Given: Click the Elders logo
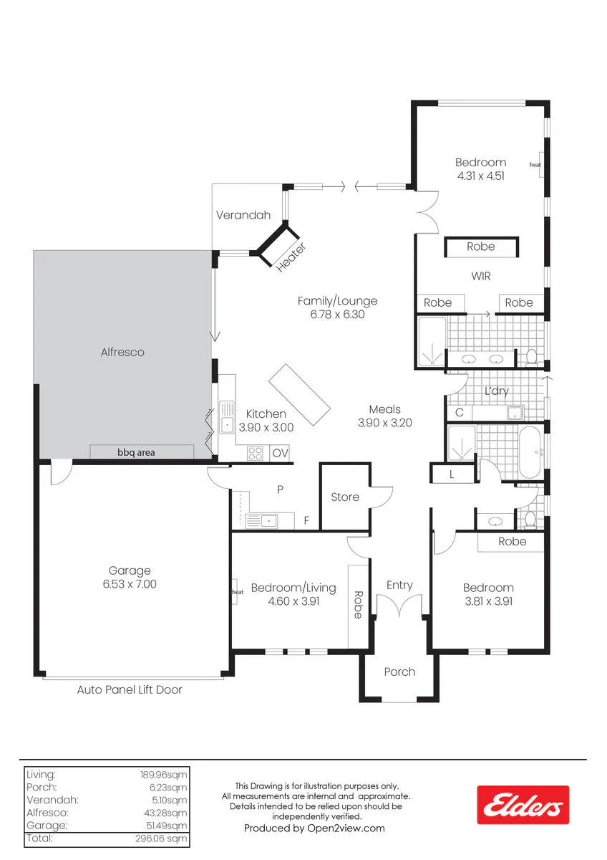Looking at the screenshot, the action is pyautogui.click(x=523, y=805).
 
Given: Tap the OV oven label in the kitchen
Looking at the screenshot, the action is pyautogui.click(x=280, y=453).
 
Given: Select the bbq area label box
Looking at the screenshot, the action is pyautogui.click(x=142, y=451).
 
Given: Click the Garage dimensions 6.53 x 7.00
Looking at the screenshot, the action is pyautogui.click(x=130, y=584).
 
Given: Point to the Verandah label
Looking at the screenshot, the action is pyautogui.click(x=243, y=215).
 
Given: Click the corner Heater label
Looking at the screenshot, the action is pyautogui.click(x=291, y=257).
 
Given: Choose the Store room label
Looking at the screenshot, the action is pyautogui.click(x=345, y=497).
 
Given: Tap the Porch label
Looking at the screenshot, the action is pyautogui.click(x=399, y=672).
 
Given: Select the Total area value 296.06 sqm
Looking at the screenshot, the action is pyautogui.click(x=161, y=838).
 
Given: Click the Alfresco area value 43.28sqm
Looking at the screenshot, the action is pyautogui.click(x=165, y=813).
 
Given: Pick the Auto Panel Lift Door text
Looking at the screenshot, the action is pyautogui.click(x=130, y=690).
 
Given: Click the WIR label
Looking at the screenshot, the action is pyautogui.click(x=481, y=276).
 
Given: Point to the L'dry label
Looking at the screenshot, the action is pyautogui.click(x=497, y=391).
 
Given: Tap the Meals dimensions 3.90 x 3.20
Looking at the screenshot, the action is pyautogui.click(x=385, y=423).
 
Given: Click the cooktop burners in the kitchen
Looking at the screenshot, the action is pyautogui.click(x=255, y=453).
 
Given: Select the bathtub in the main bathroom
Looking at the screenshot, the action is pyautogui.click(x=530, y=452).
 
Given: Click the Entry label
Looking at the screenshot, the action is pyautogui.click(x=399, y=585).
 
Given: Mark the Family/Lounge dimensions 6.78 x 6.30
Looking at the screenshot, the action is pyautogui.click(x=337, y=315).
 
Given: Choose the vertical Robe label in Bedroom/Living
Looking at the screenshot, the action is pyautogui.click(x=358, y=605).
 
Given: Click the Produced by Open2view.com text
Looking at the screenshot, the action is pyautogui.click(x=314, y=828).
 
